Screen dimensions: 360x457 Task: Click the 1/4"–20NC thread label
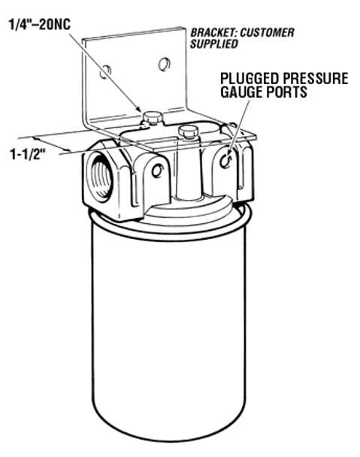40,25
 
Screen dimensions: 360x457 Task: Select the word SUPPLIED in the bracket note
214,44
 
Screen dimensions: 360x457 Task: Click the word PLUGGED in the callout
250,78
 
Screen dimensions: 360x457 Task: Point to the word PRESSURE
315,78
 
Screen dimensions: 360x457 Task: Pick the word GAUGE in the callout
241,92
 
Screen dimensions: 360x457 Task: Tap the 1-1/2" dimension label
29,154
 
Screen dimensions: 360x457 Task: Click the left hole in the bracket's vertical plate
105,71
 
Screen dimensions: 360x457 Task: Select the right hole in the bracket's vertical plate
165,64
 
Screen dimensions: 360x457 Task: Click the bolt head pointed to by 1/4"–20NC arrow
152,117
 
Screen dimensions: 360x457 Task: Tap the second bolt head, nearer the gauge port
188,131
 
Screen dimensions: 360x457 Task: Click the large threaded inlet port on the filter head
100,178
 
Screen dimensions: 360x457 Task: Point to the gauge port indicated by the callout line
225,161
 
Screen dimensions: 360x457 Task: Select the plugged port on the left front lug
157,171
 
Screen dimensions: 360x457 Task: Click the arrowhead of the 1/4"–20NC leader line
139,108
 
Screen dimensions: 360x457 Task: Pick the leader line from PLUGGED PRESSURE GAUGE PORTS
238,127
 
